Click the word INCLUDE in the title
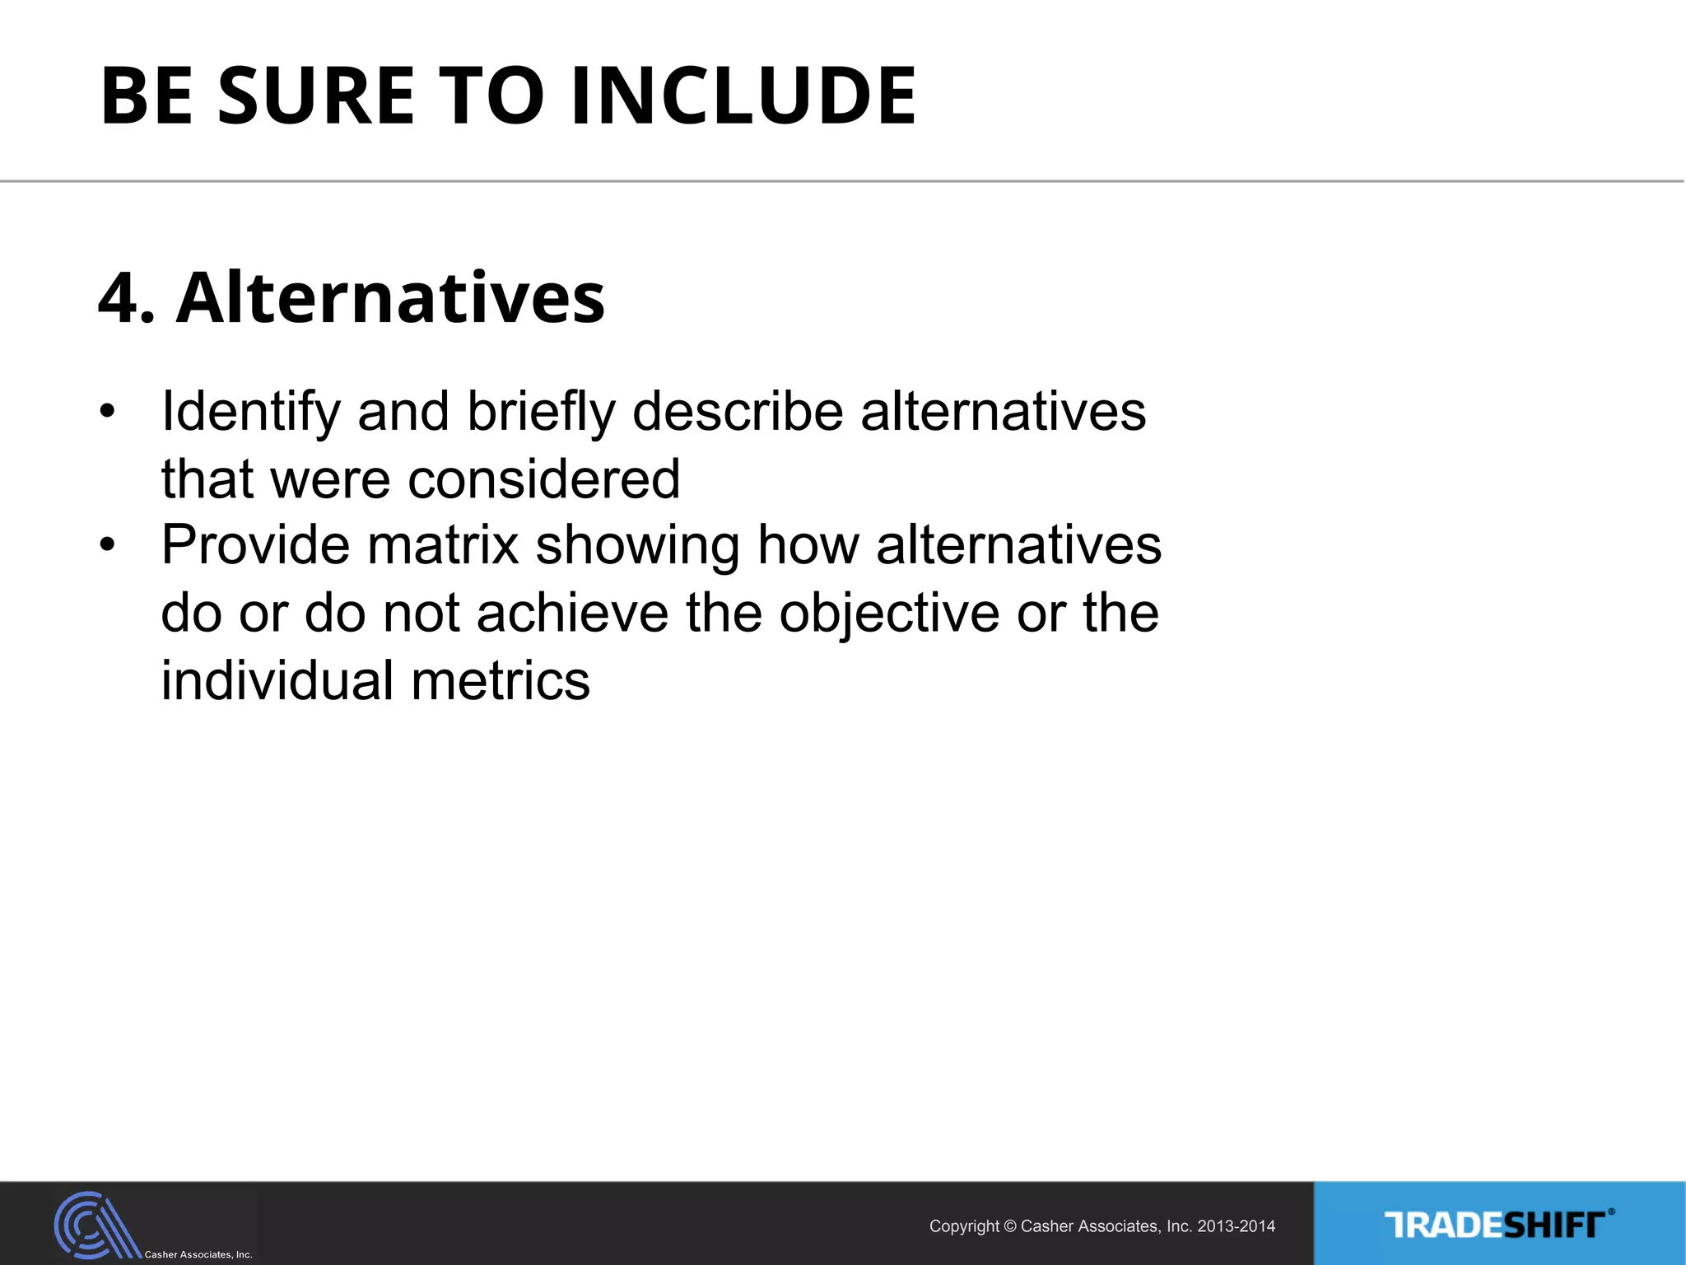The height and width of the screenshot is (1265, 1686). point(743,96)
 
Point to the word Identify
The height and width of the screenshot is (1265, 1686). point(250,412)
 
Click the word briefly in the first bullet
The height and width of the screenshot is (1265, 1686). point(541,412)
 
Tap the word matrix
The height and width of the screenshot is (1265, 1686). point(443,545)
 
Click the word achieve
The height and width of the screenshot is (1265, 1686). point(572,614)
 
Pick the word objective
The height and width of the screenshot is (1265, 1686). point(888,615)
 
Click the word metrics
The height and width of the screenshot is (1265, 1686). point(501,681)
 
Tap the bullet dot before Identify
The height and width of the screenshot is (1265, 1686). point(106,411)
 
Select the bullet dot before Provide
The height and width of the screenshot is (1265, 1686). point(106,545)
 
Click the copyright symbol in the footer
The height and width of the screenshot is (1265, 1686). point(1010,1227)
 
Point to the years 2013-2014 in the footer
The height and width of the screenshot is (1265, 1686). point(1236,1226)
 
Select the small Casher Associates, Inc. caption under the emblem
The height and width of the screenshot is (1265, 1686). point(198,1254)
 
